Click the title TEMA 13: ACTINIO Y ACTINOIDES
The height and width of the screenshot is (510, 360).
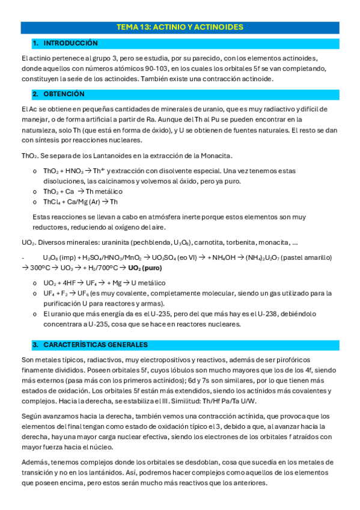[x=180, y=28]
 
